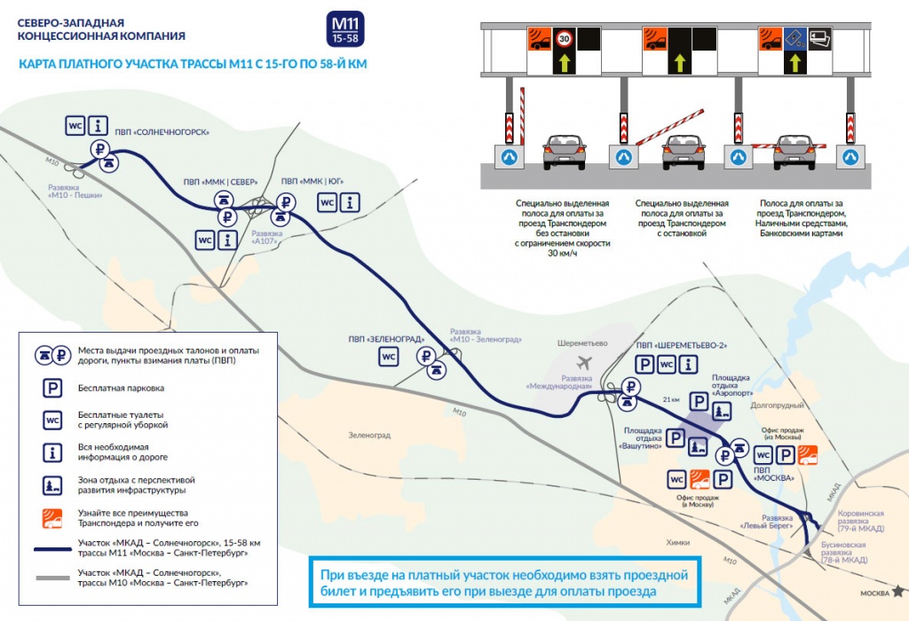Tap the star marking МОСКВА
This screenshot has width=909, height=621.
(x=899, y=590)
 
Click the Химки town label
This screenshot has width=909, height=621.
(x=677, y=542)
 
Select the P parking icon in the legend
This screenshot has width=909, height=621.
(x=53, y=387)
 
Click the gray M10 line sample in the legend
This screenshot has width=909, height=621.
(x=53, y=578)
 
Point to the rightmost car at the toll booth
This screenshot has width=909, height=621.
(x=795, y=152)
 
